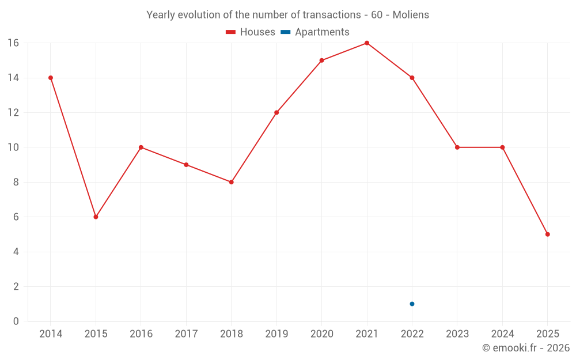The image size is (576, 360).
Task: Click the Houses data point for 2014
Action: (51, 78)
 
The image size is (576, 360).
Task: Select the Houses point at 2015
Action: (96, 217)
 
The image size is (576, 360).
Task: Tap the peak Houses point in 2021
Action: (367, 43)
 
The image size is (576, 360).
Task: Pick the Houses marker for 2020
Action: (321, 60)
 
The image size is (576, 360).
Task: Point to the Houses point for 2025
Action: (547, 234)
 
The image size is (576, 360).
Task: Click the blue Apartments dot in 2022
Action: (412, 304)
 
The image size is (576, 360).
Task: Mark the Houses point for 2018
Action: (231, 182)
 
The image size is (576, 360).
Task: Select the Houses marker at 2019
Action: (276, 112)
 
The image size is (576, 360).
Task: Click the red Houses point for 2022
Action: (412, 78)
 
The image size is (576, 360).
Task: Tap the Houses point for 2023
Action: (457, 147)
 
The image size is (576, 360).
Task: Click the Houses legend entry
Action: (251, 32)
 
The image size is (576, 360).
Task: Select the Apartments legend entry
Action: (315, 32)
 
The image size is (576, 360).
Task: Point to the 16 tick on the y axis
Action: (13, 43)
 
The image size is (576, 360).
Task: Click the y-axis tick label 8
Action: (16, 182)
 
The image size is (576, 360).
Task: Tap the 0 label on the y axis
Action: (16, 321)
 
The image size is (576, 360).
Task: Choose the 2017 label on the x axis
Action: (186, 334)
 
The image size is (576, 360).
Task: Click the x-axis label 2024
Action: (502, 334)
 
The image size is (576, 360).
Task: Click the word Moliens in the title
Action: (411, 15)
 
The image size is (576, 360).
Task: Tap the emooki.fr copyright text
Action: (526, 348)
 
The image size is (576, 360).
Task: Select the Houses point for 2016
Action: (141, 147)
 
